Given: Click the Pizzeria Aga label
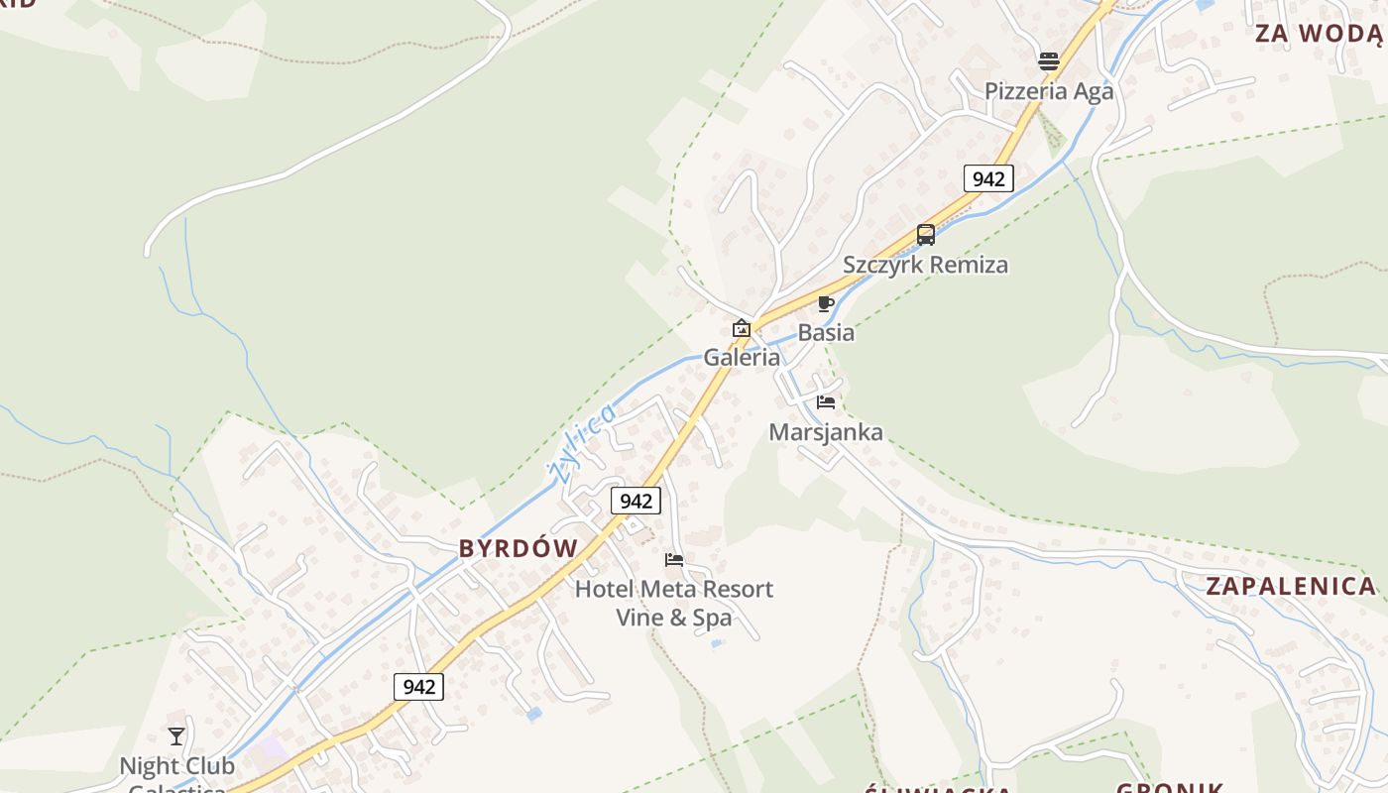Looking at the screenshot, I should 1048,91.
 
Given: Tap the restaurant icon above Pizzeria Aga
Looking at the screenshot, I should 1048,61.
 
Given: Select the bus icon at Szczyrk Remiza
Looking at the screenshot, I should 925,235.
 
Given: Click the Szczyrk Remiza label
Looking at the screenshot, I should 925,265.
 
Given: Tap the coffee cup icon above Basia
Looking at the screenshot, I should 826,303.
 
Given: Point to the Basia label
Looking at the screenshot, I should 826,333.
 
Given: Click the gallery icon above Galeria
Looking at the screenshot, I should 741,328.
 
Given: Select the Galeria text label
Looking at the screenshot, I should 742,358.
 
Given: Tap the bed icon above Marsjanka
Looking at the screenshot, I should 826,402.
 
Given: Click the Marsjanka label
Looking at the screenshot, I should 826,432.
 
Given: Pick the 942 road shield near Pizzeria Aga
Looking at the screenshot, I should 988,178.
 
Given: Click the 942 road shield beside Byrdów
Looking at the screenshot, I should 636,501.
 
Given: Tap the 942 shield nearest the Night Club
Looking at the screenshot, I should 418,686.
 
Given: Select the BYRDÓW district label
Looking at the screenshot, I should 519,548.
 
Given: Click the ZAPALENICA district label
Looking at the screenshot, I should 1291,586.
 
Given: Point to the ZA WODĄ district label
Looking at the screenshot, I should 1318,34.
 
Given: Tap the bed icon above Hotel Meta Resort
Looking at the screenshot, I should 674,560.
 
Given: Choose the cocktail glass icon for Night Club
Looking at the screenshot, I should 176,736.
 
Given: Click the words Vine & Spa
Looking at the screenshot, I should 674,618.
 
